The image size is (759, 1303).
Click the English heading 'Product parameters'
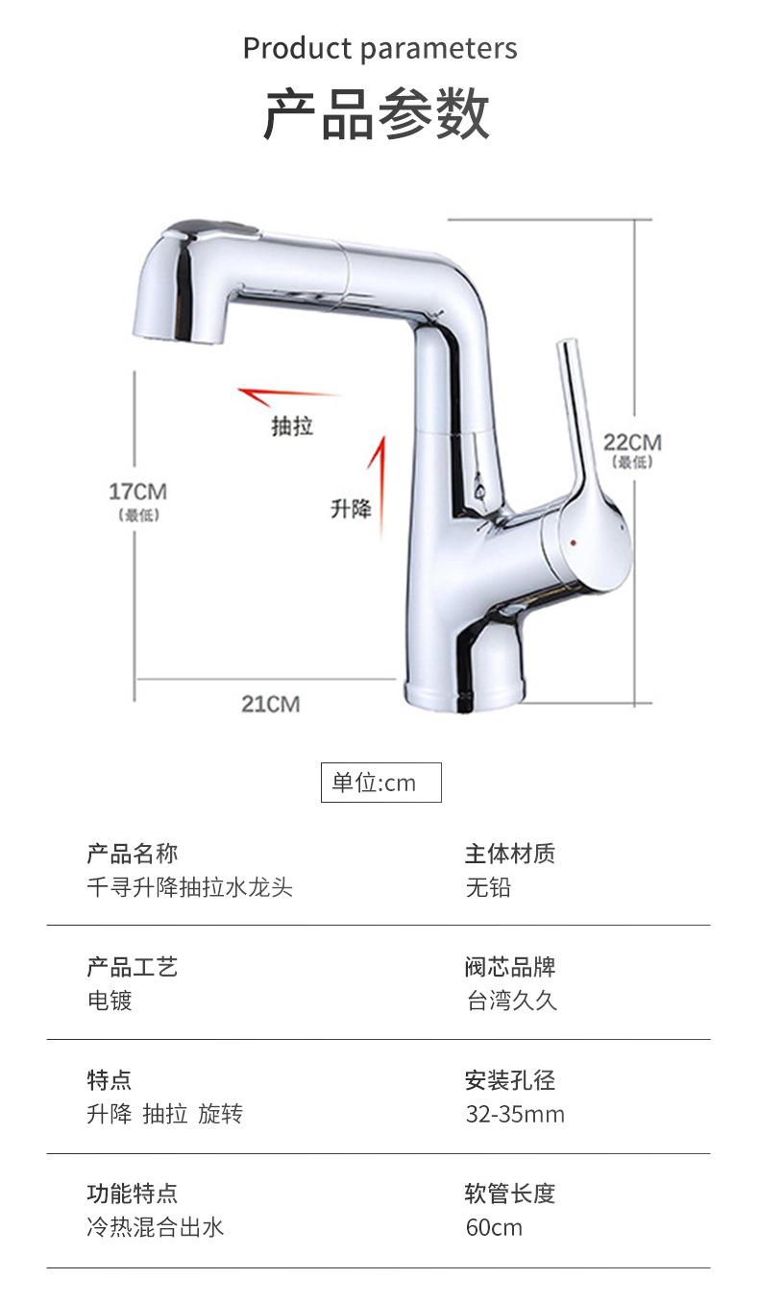coord(379,48)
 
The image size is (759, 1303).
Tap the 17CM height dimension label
coord(137,492)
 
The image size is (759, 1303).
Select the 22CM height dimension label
coord(632,442)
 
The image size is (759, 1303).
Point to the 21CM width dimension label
coord(270,704)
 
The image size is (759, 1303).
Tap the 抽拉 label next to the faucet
coord(292,425)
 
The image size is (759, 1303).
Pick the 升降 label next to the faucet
coord(351,509)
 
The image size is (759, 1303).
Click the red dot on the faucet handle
coord(574,543)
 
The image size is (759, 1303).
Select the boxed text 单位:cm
coord(380,783)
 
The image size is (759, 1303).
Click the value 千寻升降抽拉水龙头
coord(189,887)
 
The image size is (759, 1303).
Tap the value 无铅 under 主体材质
coord(488,887)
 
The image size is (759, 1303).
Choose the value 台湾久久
coord(511,1001)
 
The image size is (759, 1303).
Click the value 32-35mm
coord(515,1114)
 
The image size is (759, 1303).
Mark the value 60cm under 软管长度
coord(494,1227)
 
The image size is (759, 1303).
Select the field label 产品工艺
coord(132,967)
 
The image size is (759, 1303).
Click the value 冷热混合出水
coord(155,1227)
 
